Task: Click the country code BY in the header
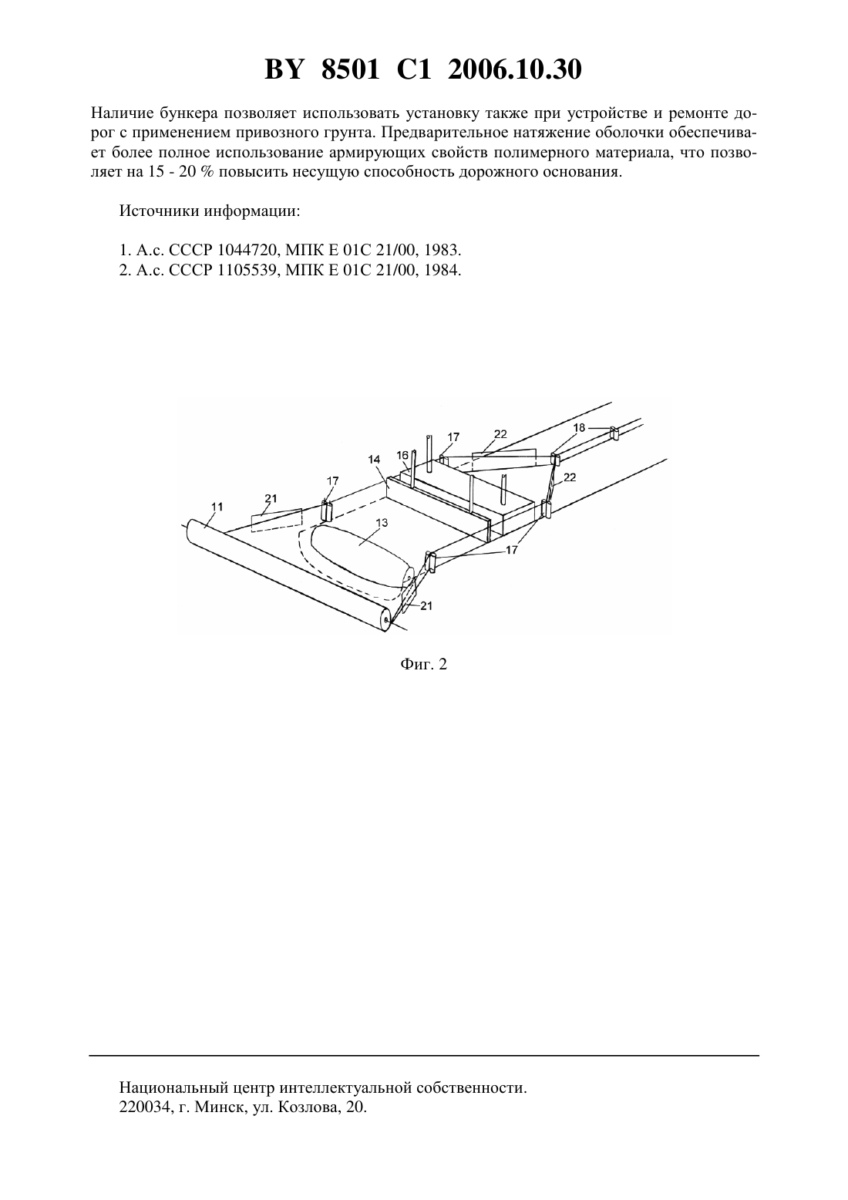tap(284, 70)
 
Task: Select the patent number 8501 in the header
tap(351, 70)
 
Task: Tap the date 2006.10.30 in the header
tap(514, 70)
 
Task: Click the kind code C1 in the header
tap(414, 70)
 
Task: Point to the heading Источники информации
tap(210, 211)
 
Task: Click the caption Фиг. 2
tap(423, 664)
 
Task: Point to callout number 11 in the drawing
tap(217, 506)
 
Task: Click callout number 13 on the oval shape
tap(382, 523)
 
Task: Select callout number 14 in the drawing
tap(374, 459)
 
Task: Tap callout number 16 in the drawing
tap(402, 455)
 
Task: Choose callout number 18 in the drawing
tap(579, 427)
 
